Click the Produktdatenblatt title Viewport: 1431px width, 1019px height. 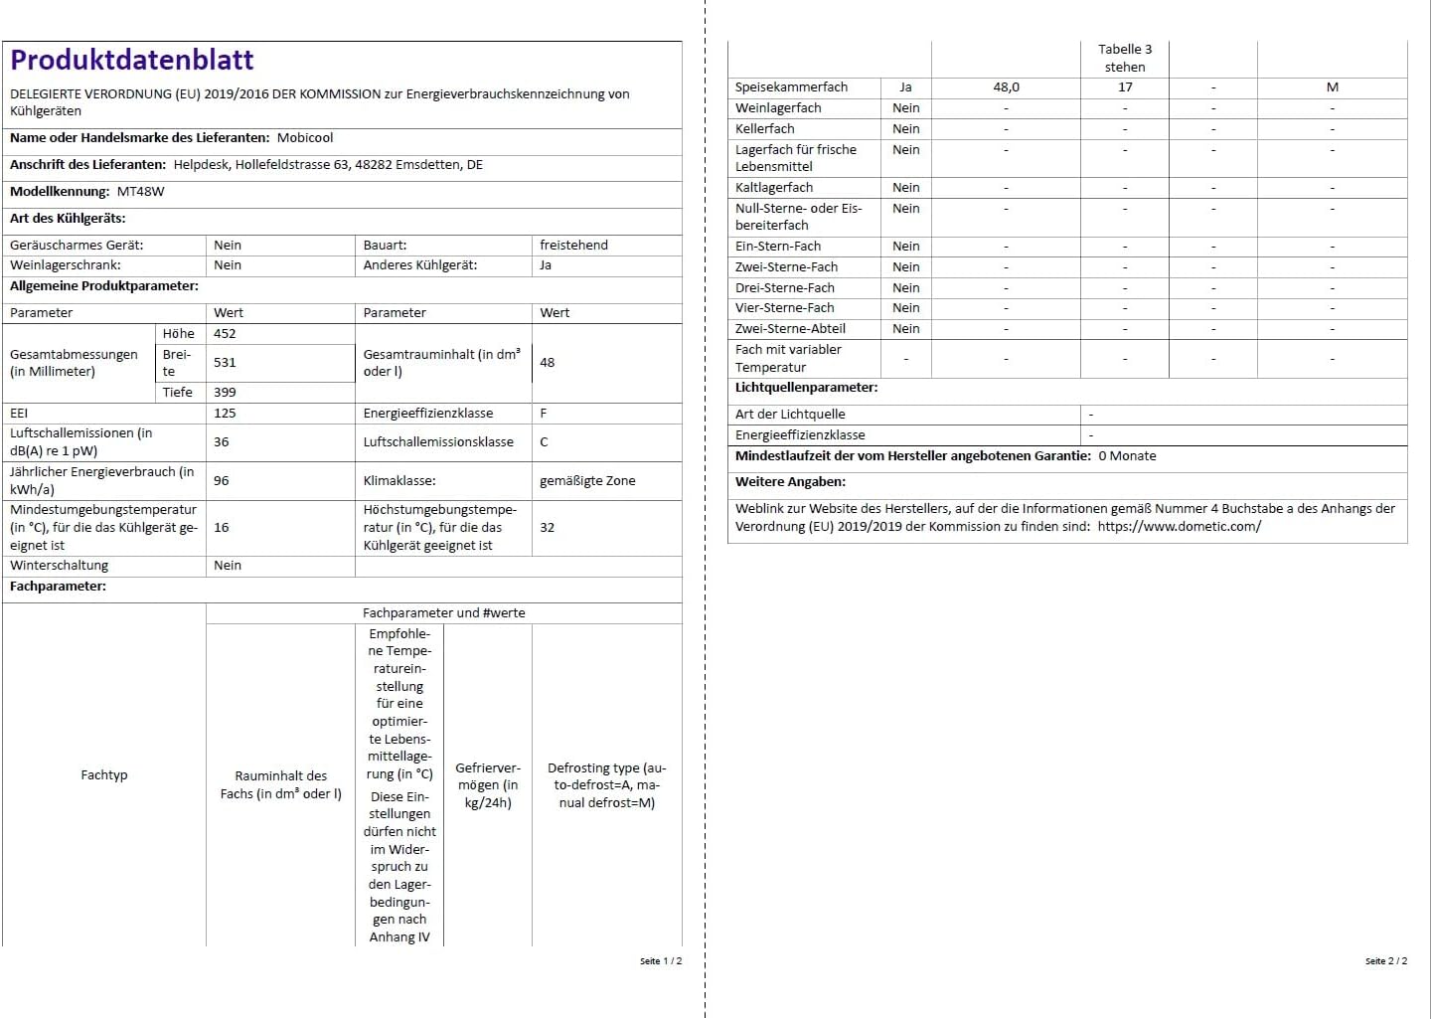click(x=132, y=60)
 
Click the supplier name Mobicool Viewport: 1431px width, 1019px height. click(x=305, y=138)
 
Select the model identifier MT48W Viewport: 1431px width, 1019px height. click(x=141, y=192)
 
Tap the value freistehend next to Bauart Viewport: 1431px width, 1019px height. click(x=573, y=246)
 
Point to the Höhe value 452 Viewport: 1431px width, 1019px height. click(x=225, y=334)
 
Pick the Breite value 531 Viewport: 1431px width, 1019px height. click(x=225, y=363)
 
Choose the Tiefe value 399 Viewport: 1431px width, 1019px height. click(x=225, y=393)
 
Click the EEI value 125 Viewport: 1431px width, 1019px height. click(x=225, y=414)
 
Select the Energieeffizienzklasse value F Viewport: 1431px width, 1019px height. click(x=544, y=414)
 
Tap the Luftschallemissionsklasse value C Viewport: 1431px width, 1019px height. click(x=544, y=442)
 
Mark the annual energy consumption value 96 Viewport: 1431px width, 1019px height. click(x=221, y=481)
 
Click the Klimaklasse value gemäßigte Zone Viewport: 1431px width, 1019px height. click(x=587, y=481)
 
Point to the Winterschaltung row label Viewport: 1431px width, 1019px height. click(x=60, y=566)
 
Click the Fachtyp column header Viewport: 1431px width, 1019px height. click(x=104, y=775)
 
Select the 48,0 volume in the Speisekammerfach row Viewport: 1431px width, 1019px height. click(x=1006, y=87)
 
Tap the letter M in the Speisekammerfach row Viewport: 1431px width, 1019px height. click(x=1332, y=87)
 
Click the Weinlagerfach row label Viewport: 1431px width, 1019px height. click(x=778, y=108)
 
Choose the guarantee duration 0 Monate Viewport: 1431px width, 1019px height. click(x=1127, y=456)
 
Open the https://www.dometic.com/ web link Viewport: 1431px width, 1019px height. click(x=1179, y=527)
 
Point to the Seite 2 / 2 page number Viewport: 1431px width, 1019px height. click(x=1385, y=961)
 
